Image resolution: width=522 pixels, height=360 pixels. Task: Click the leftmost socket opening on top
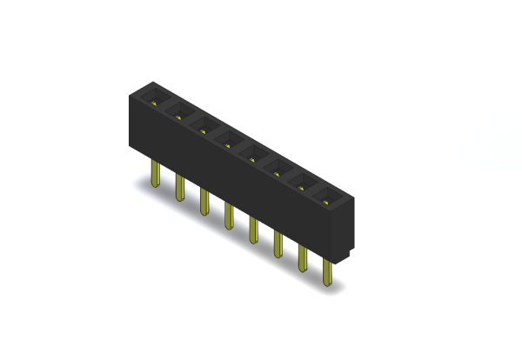pos(157,95)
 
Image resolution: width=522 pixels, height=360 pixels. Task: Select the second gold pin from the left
pos(179,188)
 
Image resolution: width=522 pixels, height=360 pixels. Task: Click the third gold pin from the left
pos(204,203)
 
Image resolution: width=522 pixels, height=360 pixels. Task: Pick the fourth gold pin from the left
pos(229,217)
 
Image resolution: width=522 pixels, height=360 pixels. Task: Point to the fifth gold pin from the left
pos(254,231)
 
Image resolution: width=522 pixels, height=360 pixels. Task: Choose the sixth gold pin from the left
pos(278,246)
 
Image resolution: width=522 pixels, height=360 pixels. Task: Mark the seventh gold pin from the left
pos(303,260)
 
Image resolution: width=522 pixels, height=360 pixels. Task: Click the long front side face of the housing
pos(235,187)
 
